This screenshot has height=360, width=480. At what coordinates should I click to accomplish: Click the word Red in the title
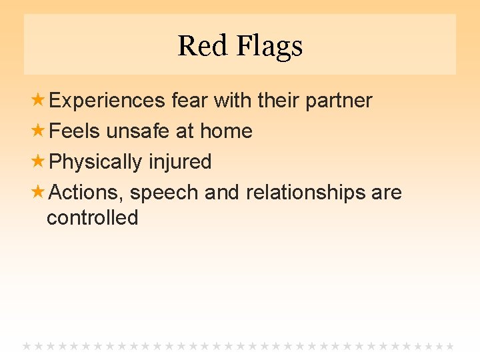tap(196, 46)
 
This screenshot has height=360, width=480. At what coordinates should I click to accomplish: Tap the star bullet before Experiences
tap(39, 101)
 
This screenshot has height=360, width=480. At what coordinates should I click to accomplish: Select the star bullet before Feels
tap(39, 131)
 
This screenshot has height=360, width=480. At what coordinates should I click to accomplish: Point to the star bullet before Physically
tap(39, 162)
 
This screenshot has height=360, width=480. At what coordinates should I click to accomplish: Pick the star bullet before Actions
tap(39, 193)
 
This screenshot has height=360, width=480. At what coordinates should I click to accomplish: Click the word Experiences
tap(107, 101)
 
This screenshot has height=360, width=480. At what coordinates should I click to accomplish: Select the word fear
tap(191, 101)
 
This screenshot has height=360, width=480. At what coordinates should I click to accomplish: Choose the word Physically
tap(96, 162)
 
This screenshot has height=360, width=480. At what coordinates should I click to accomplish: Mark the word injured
tap(180, 162)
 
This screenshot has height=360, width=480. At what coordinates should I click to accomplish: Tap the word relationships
tap(306, 193)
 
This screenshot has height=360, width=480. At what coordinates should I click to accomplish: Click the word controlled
tap(92, 218)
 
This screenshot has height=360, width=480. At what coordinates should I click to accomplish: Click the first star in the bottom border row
tap(27, 346)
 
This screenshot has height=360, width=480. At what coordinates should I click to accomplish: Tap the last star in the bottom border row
tap(450, 346)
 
